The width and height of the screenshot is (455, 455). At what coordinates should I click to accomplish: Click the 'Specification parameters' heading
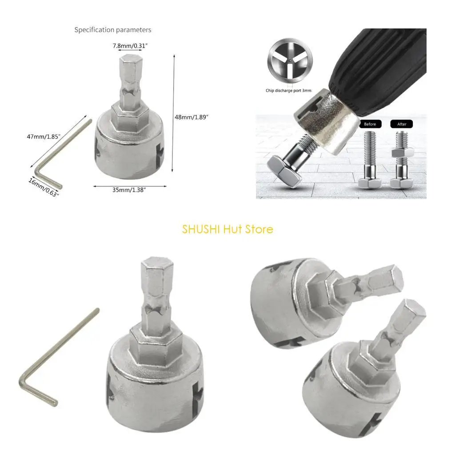[x=112, y=30]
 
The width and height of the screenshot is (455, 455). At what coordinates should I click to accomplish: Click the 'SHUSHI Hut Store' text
[x=227, y=229]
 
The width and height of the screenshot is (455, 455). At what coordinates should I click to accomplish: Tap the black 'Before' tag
[x=370, y=124]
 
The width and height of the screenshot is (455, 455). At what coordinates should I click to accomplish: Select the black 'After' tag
[x=402, y=124]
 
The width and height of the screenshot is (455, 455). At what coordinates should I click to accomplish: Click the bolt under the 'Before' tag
[x=370, y=160]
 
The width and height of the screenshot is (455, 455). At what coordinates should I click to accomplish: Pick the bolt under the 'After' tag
[x=401, y=164]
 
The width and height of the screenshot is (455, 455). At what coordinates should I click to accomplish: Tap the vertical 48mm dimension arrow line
[x=173, y=113]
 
